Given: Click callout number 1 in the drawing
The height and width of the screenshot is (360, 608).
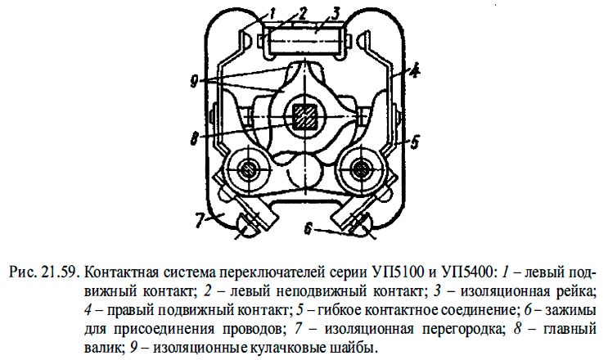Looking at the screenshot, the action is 272,15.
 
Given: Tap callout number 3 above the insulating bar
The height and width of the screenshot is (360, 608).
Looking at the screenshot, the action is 335,13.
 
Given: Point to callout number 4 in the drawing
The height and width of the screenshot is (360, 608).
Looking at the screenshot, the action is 414,71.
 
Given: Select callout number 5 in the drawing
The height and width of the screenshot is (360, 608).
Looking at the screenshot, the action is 414,142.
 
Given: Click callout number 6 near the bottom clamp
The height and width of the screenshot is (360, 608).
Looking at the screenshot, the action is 308,229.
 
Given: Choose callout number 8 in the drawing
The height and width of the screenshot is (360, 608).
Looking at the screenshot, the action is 194,138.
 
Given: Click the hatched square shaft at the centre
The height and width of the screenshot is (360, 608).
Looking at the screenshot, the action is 304,117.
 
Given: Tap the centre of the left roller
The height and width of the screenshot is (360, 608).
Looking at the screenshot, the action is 246,169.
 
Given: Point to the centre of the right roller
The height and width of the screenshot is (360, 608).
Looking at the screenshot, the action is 361,169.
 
